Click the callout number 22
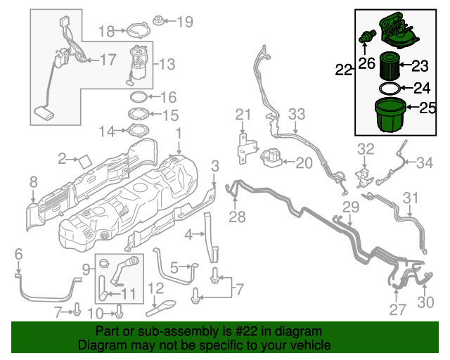[343, 70]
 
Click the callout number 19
[184, 22]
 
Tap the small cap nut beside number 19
[159, 21]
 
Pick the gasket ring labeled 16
[139, 97]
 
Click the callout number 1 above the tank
[179, 132]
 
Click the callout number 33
[297, 114]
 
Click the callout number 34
[425, 163]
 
